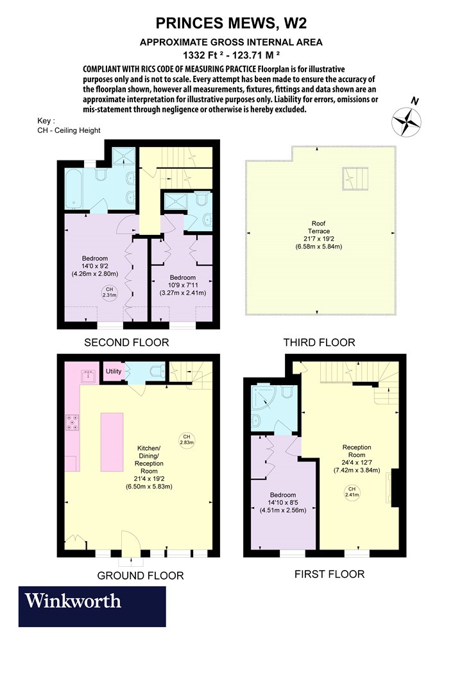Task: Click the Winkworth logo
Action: [x=92, y=606]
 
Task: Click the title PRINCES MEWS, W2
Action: [x=231, y=23]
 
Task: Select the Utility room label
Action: [x=114, y=372]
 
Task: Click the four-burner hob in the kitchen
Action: [x=73, y=422]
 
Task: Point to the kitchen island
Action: [x=112, y=442]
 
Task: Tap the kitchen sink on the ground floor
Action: [x=90, y=377]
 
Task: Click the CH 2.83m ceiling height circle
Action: [x=187, y=440]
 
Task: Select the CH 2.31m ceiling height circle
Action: [x=110, y=292]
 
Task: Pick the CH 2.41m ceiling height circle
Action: [x=352, y=492]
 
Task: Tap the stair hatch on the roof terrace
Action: [x=355, y=178]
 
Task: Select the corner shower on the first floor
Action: [x=262, y=401]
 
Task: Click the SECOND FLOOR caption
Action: [x=126, y=343]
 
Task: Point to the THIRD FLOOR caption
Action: [x=319, y=343]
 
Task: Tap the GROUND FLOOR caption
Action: [x=141, y=576]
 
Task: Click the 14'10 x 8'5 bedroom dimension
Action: [x=283, y=503]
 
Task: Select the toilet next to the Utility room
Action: [x=156, y=371]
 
